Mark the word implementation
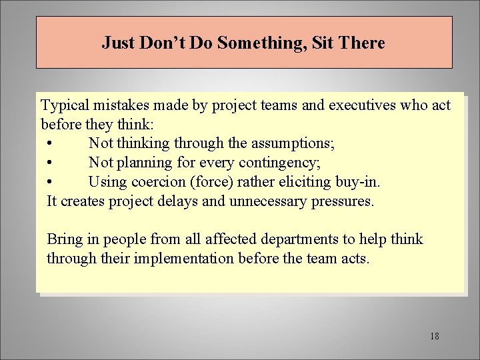click(x=179, y=258)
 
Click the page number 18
click(x=435, y=336)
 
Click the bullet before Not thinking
click(x=51, y=143)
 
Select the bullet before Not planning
click(x=51, y=163)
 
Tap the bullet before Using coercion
click(x=51, y=181)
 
